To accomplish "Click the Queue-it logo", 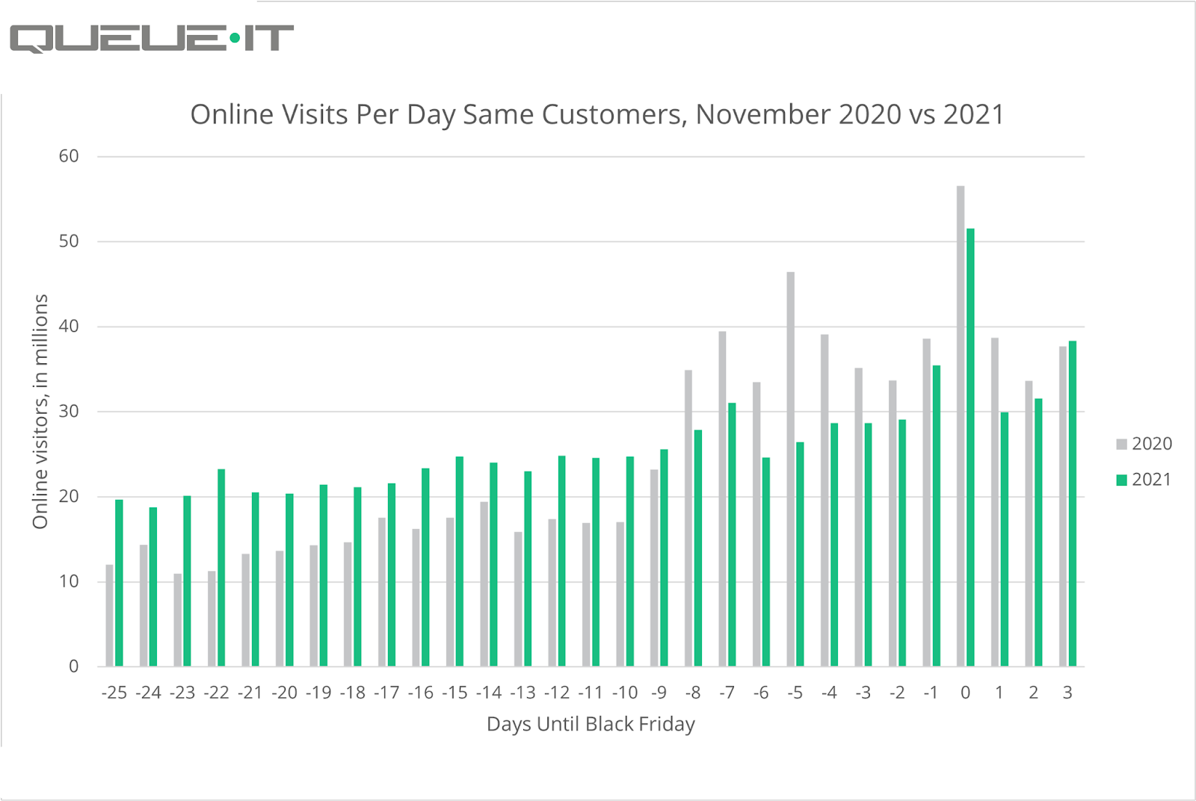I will click(152, 38).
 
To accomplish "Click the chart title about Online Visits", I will click(597, 114).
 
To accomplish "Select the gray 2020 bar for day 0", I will click(961, 426).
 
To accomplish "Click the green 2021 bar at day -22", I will click(221, 567).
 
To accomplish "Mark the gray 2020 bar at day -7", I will click(722, 498).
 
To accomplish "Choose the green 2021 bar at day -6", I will click(766, 561).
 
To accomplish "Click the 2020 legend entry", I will click(1144, 444).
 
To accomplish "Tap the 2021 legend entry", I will click(1144, 480).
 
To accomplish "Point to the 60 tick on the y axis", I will click(69, 156).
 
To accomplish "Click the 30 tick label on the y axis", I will click(69, 412).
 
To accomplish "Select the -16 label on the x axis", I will click(421, 693).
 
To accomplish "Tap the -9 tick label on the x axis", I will click(659, 693).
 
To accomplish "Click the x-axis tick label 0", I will click(965, 693).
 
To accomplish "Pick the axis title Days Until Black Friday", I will click(591, 724).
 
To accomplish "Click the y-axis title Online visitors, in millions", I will click(40, 412).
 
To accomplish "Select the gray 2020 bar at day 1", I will click(995, 501).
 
